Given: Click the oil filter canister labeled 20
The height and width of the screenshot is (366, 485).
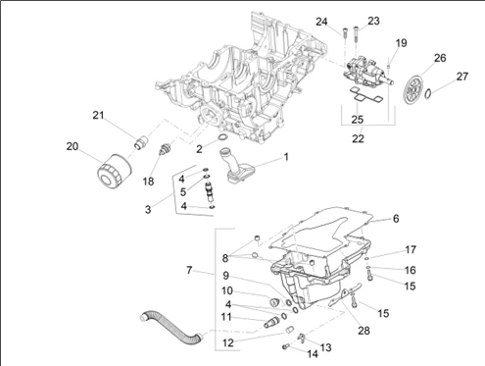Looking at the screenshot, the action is [115, 171].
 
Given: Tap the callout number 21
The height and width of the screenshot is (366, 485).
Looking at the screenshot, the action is [98, 115].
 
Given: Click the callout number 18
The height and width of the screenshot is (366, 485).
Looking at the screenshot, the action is [148, 182].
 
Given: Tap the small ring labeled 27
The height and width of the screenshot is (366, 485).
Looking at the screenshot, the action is [428, 94].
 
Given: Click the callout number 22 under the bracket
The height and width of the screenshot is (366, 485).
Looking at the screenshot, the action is [358, 138].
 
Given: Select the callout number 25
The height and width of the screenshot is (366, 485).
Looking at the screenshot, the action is [358, 120].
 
